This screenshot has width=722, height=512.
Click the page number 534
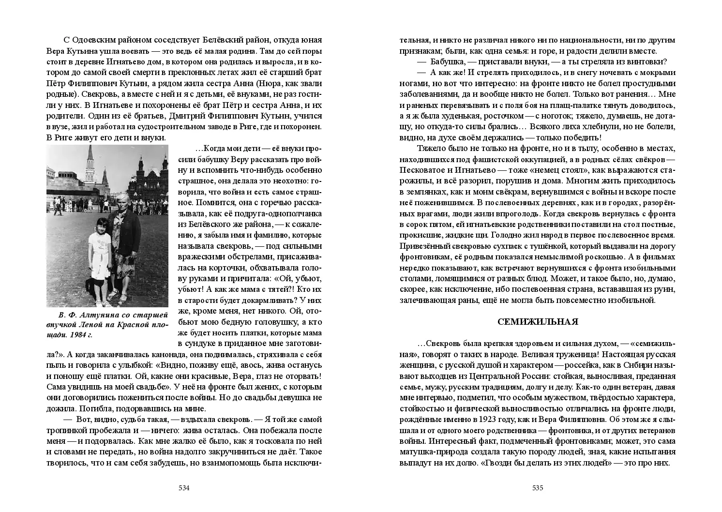pyautogui.click(x=184, y=488)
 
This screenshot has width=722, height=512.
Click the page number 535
pyautogui.click(x=538, y=488)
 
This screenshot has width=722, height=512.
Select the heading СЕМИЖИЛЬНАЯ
pyautogui.click(x=538, y=322)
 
